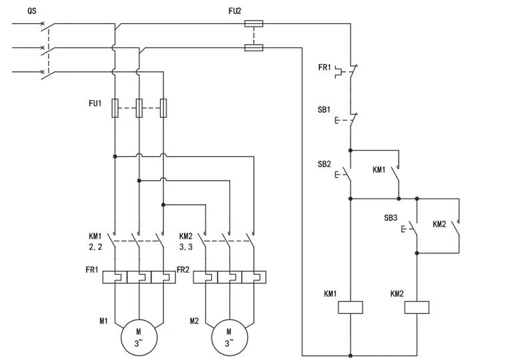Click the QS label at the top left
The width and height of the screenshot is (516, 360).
(32, 11)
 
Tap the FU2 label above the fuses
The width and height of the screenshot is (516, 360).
(235, 11)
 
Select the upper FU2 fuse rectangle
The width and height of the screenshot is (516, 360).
(254, 23)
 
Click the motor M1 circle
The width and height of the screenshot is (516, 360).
(139, 337)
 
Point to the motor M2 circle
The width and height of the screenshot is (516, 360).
(229, 337)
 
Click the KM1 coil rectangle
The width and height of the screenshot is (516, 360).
(351, 307)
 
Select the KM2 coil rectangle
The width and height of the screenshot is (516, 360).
(417, 307)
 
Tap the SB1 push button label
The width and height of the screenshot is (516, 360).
(324, 109)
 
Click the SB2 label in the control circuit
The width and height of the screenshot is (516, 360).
(324, 164)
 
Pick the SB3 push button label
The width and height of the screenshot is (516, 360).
(391, 217)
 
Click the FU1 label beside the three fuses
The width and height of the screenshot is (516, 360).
(95, 103)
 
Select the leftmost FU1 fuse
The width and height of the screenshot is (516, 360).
(115, 108)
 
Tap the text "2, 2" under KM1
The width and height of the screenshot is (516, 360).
(95, 247)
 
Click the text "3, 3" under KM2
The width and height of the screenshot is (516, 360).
(186, 247)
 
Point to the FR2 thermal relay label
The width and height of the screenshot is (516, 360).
(183, 270)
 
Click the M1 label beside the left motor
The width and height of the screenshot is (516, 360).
(103, 321)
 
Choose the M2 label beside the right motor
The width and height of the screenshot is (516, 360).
(194, 321)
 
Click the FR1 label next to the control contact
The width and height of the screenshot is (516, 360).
(324, 67)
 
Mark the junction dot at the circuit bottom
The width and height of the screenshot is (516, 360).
(351, 356)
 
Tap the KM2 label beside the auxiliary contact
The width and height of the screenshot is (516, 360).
(439, 224)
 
